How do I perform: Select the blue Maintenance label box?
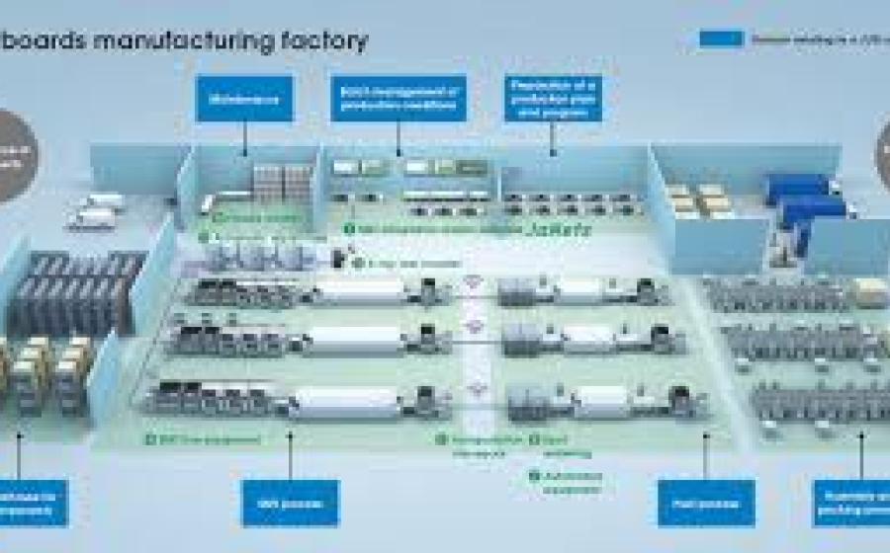click(x=243, y=99)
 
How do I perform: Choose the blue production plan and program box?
click(x=552, y=99)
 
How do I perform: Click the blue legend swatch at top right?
click(x=721, y=39)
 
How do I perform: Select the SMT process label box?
click(x=290, y=503)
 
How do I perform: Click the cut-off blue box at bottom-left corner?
click(x=34, y=503)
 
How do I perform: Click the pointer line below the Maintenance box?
click(x=244, y=139)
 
